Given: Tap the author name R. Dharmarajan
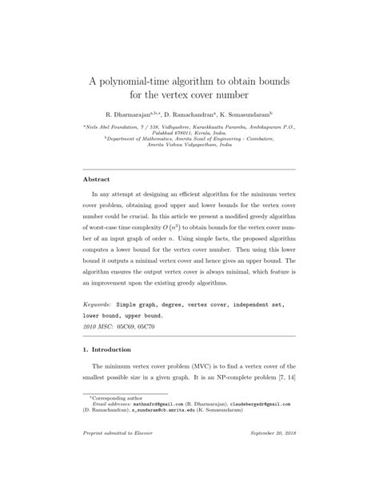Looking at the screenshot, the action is click(131, 115).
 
